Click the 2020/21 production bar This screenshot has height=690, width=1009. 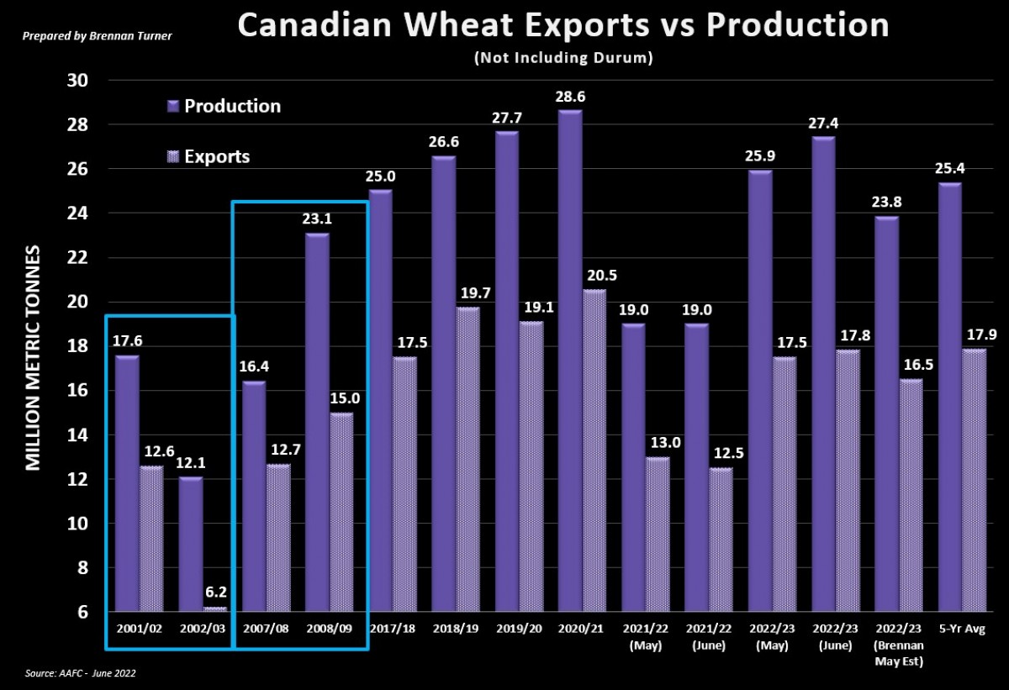569,361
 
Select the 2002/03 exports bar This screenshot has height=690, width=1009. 214,608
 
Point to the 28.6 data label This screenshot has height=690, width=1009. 569,97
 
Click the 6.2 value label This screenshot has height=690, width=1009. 215,592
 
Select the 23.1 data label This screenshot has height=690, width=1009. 316,220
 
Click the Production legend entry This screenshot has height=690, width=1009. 224,106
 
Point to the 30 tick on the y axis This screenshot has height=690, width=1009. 78,81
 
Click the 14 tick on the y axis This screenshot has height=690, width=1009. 78,435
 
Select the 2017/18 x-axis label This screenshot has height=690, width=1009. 393,629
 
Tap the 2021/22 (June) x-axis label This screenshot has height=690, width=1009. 708,635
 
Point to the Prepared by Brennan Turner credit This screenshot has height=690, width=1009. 98,36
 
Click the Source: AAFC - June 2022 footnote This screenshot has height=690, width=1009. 81,674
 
